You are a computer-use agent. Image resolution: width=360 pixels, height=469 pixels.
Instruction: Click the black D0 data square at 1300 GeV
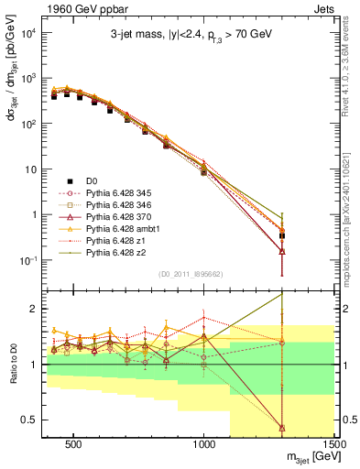282,235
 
